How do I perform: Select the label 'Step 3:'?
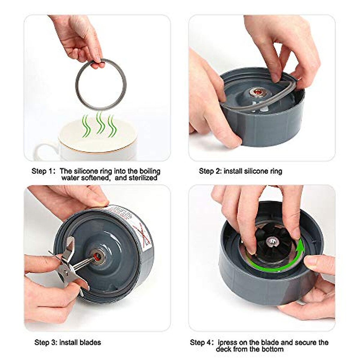click(x=46, y=342)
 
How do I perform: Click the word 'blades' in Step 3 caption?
click(x=91, y=342)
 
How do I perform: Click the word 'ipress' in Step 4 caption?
click(x=228, y=342)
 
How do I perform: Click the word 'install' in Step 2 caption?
click(x=233, y=171)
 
